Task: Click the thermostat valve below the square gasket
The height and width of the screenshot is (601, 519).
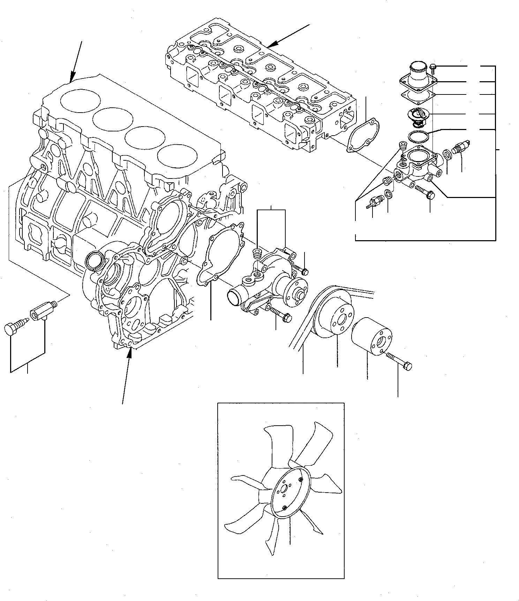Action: (x=418, y=115)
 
